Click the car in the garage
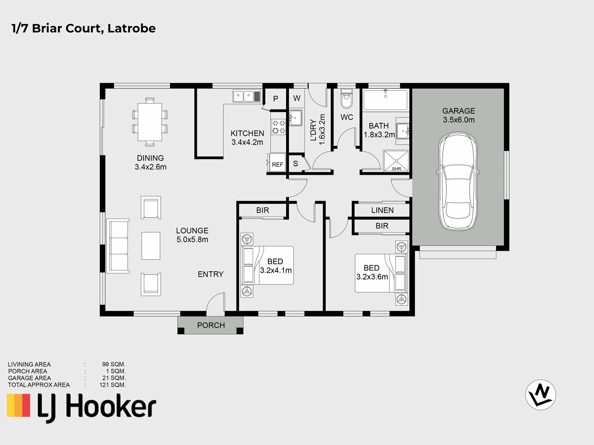pos(458,182)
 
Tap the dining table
pos(150,122)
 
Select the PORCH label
pos(211,325)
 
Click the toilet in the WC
pos(346,99)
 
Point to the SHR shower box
pos(396,161)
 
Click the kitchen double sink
pos(247,96)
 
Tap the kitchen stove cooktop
pos(278,127)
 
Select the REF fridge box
pos(277,164)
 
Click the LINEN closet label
pos(382,210)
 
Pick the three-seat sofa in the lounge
pos(118,246)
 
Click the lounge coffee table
pos(151,246)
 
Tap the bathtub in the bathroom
pos(385,100)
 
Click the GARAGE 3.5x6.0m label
pos(458,115)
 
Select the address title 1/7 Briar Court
pos(84,28)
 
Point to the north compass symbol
pos(540,395)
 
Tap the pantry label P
pos(275,99)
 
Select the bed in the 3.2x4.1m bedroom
pos(267,265)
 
